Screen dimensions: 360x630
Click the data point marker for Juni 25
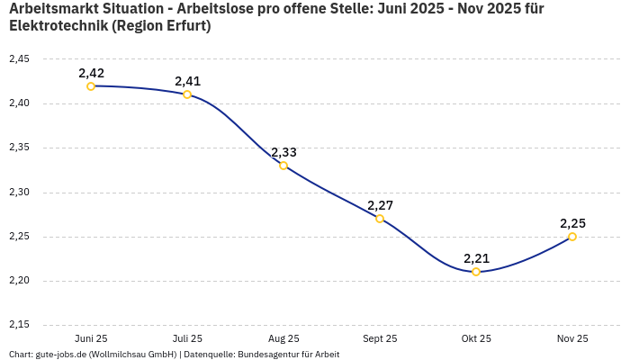coord(91,86)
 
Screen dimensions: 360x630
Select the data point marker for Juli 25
coord(187,94)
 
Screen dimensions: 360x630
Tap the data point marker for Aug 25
coord(283,166)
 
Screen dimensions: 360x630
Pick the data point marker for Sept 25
coord(380,219)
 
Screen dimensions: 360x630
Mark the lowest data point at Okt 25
coord(476,272)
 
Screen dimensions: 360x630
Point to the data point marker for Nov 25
coord(572,237)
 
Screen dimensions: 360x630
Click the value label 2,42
coord(91,72)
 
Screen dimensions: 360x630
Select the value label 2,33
coord(283,152)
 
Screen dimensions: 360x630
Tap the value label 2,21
coord(476,258)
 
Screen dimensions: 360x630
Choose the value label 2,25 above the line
coord(572,223)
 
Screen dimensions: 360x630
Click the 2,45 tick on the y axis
coord(19,59)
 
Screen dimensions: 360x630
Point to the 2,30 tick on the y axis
coord(19,193)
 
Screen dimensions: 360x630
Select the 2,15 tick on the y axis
coord(19,325)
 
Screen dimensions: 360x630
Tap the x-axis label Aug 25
coord(283,338)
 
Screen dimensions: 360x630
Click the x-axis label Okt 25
coord(476,338)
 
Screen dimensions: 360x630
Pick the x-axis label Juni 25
coord(91,338)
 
